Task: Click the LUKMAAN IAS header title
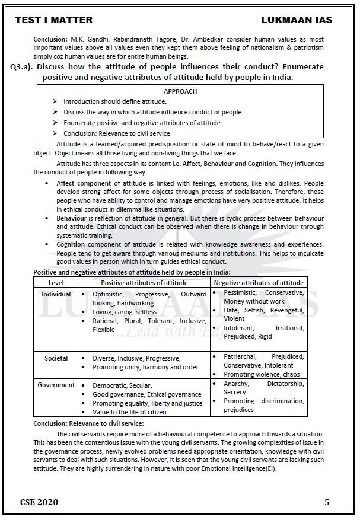(x=296, y=20)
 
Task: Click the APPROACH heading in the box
(x=180, y=91)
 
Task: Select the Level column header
(x=56, y=283)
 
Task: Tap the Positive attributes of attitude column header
(x=144, y=283)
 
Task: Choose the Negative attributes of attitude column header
(x=259, y=283)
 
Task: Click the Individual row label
(x=56, y=294)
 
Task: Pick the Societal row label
(x=56, y=358)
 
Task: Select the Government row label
(x=56, y=385)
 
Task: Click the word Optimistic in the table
(x=109, y=294)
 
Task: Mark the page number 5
(x=327, y=502)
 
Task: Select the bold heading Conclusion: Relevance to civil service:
(x=88, y=423)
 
